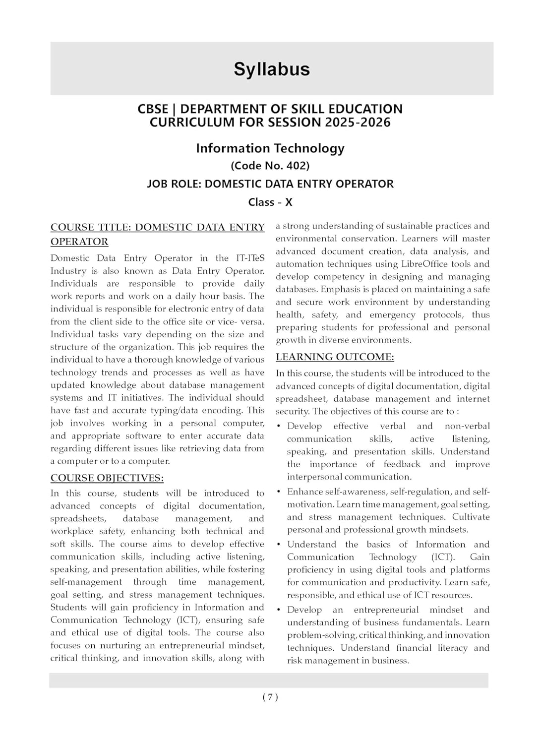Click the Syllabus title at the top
tap(272, 69)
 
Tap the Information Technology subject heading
tap(270, 148)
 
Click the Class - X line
tap(270, 202)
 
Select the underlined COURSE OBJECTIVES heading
tap(107, 478)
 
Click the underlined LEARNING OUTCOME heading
tap(335, 357)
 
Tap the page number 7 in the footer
tap(270, 697)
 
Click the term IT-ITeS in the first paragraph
tap(248, 258)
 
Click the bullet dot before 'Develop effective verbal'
tap(279, 427)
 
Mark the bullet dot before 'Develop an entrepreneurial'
tap(279, 610)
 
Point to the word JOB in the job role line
tap(158, 184)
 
